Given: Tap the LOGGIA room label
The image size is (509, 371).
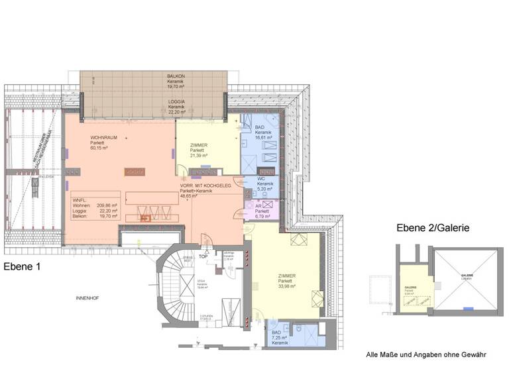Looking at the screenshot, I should pos(176,101).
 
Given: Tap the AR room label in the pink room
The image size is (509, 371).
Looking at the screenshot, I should pos(259,206).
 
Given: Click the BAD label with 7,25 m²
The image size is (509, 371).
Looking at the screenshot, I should pos(276,333).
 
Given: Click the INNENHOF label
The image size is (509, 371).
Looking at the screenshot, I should pos(87,299).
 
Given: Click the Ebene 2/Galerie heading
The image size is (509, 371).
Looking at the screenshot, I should pos(433,227).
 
